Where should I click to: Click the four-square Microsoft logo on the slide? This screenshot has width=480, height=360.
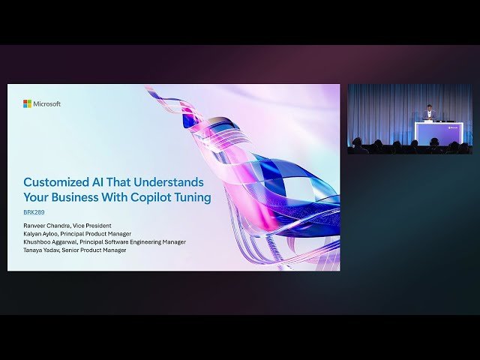pyautogui.click(x=27, y=103)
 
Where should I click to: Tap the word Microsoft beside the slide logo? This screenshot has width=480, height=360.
pyautogui.click(x=46, y=103)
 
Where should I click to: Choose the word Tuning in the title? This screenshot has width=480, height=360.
pyautogui.click(x=192, y=198)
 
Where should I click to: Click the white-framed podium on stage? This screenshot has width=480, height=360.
pyautogui.click(x=439, y=133)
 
